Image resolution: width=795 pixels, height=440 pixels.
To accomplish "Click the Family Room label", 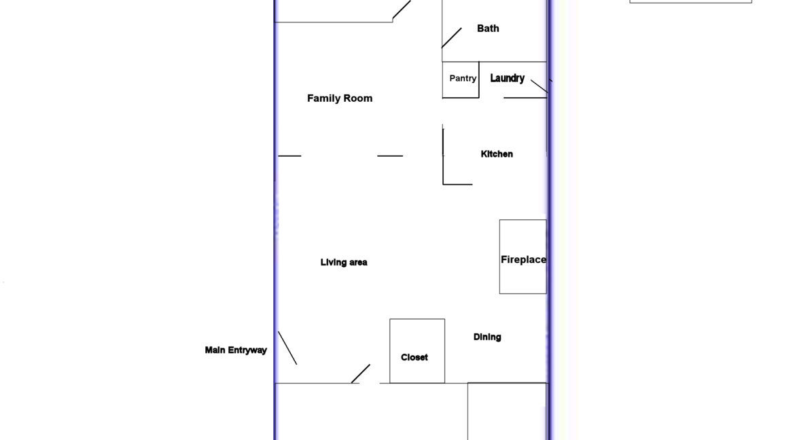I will [x=340, y=98].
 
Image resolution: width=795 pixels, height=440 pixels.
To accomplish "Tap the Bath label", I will [x=488, y=29].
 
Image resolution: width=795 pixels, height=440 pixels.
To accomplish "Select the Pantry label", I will [x=463, y=79].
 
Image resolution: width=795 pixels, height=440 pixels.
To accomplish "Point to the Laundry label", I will [x=507, y=79].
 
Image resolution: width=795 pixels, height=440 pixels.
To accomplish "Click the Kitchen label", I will [x=497, y=154].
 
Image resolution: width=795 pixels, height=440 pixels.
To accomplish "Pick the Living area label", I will [x=344, y=262].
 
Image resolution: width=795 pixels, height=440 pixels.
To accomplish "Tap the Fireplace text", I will [x=523, y=259].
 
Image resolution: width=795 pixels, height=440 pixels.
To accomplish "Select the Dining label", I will [x=487, y=337].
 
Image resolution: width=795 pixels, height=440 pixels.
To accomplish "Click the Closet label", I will [x=414, y=357].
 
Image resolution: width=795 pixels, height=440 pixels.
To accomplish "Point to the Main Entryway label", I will [x=236, y=350].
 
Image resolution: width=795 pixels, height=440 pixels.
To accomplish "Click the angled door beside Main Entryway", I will [x=287, y=348].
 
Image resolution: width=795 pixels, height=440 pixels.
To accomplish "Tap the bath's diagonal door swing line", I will [x=452, y=38].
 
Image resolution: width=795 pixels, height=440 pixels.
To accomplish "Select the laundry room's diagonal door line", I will [x=540, y=86].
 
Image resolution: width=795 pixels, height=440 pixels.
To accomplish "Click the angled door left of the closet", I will [x=361, y=373].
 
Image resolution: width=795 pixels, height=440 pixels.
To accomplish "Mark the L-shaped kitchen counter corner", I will [x=444, y=183].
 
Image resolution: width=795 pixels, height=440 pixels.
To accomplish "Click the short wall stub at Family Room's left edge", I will [x=289, y=156].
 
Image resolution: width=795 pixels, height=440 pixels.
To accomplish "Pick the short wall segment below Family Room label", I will [x=390, y=156].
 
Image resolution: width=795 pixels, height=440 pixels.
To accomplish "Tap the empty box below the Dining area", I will [x=507, y=411].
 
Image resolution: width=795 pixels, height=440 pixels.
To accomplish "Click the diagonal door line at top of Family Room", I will [x=402, y=10].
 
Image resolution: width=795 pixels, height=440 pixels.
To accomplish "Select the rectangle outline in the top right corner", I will [x=690, y=2].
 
